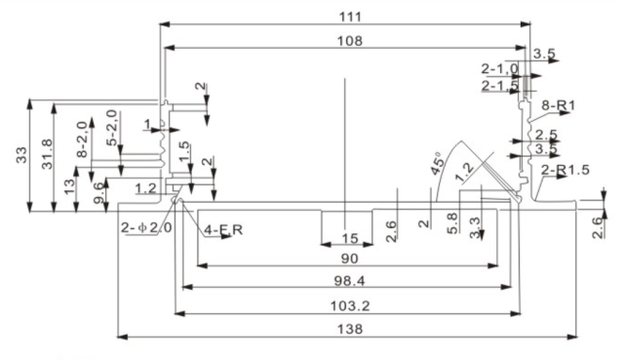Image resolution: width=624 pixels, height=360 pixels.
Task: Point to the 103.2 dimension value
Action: [x=346, y=305]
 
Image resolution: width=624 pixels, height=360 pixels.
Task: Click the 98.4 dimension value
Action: [x=346, y=281]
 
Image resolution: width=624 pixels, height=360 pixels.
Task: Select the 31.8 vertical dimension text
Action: [x=45, y=156]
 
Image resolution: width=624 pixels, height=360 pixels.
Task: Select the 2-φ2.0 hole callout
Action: [x=146, y=227]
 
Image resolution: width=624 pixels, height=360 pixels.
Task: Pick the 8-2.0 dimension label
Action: [x=83, y=138]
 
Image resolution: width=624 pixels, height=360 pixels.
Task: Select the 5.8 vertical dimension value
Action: [x=450, y=222]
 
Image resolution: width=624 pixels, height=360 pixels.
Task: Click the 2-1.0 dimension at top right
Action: [x=499, y=68]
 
